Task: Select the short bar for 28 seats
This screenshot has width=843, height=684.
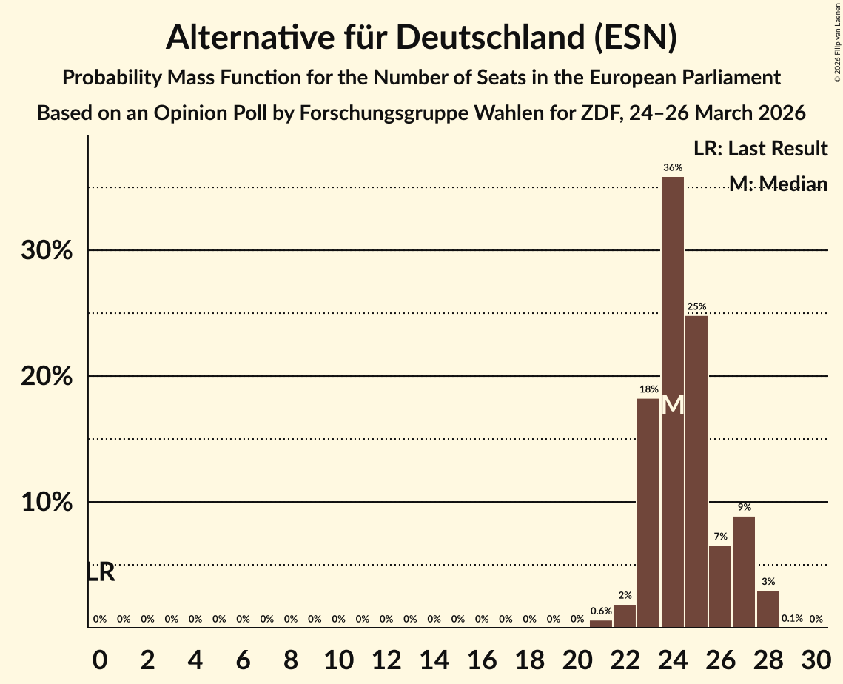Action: [768, 608]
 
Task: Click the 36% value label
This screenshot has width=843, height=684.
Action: [672, 168]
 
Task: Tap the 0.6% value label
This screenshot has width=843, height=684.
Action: [601, 611]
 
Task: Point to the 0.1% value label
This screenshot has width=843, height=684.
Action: [792, 618]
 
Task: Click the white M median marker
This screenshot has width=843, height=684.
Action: [672, 405]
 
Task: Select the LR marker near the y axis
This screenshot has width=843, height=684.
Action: [100, 571]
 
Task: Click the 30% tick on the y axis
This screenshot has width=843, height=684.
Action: [47, 251]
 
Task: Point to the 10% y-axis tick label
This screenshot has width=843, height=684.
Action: [47, 503]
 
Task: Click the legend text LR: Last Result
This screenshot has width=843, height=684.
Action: [760, 149]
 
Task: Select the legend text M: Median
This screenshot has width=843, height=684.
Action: [777, 184]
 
